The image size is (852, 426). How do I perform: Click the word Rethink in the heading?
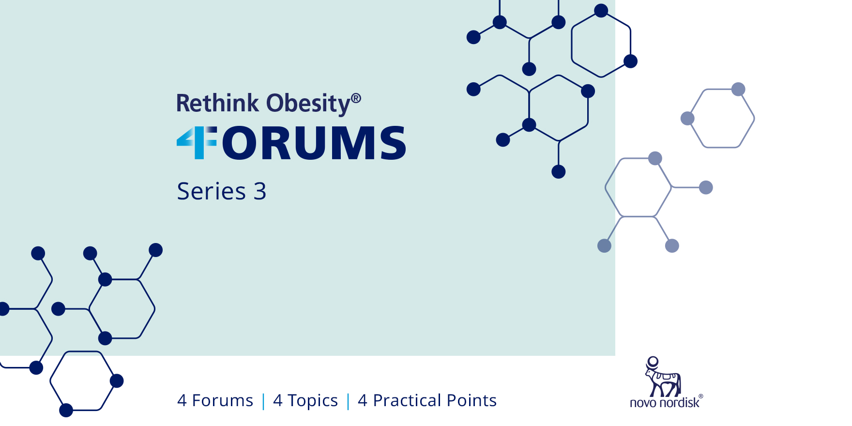(x=217, y=103)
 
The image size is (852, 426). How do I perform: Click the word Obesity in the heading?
(x=308, y=104)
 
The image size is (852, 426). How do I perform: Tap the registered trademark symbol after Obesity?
(x=356, y=98)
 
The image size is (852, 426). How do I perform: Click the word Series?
(x=212, y=191)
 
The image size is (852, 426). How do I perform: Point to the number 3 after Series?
(x=260, y=191)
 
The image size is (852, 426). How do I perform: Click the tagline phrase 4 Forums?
(x=215, y=400)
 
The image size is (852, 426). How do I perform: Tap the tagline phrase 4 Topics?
(x=305, y=401)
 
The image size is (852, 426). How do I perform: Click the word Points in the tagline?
(x=472, y=400)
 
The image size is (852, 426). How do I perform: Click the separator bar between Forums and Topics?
(x=263, y=401)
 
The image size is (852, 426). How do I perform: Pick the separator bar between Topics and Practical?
(x=348, y=401)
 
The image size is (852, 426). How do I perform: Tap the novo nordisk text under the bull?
(x=665, y=402)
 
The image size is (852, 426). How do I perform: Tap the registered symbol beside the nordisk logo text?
(x=700, y=396)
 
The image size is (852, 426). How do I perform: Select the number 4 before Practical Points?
(x=363, y=401)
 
